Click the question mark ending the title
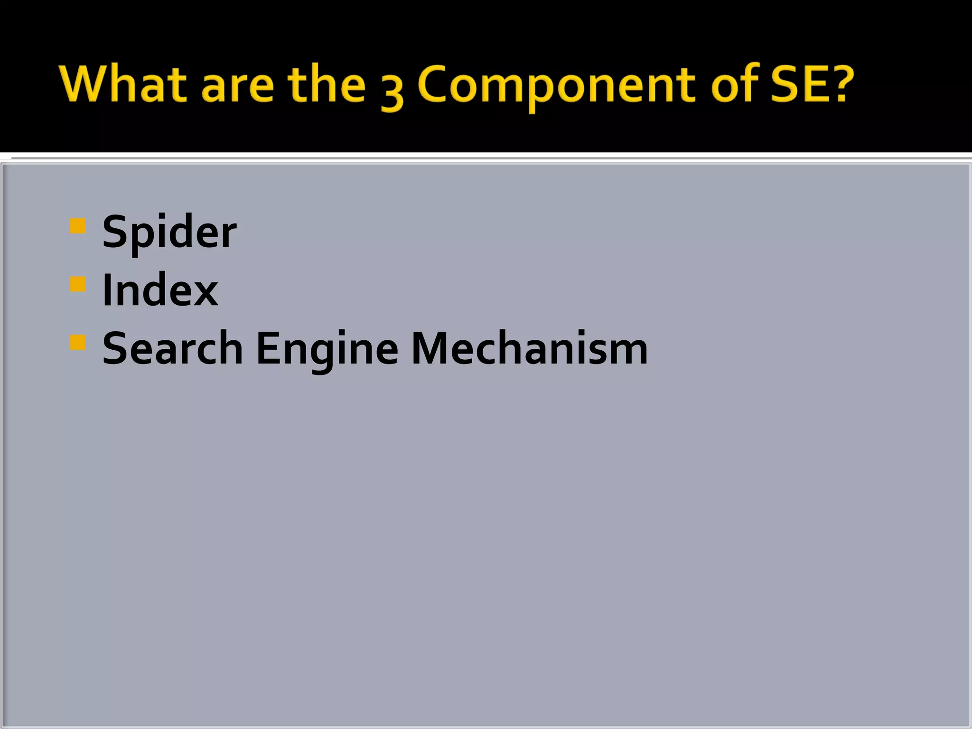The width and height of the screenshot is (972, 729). [842, 84]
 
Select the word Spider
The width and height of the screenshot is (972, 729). [169, 233]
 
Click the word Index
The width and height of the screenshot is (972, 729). [160, 290]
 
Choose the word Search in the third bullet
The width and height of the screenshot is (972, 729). [173, 349]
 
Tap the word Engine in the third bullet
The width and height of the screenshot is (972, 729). [327, 350]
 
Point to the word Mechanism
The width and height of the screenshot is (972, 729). [529, 349]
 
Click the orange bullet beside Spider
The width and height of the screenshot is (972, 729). [77, 226]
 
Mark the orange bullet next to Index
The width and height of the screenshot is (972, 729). [77, 284]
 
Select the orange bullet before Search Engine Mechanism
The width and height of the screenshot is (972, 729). [77, 342]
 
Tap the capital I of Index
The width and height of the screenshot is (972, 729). [107, 290]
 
